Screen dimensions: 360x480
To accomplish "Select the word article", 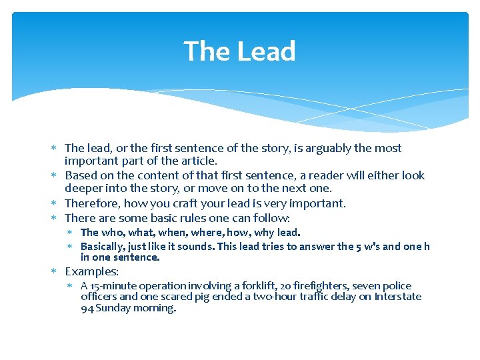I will tap(198, 161).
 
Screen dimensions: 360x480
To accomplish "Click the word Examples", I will tap(91, 271).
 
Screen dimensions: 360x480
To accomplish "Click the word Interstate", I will tap(398, 297).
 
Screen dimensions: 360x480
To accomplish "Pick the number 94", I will tap(87, 308).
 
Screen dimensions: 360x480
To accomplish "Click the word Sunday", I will tap(115, 308).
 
